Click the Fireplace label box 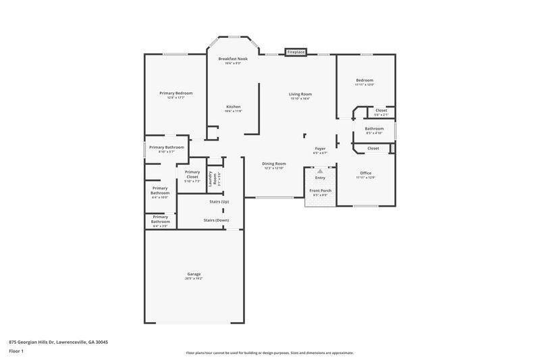295,52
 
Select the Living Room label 300,94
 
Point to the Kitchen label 233,107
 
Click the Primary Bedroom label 175,93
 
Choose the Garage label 194,274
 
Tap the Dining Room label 275,163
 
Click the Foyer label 320,149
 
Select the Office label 366,173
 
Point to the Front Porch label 320,191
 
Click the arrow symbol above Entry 320,172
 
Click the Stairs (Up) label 219,202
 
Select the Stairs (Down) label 217,220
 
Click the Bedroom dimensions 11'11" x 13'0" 364,84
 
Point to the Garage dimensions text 194,278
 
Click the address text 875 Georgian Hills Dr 58,342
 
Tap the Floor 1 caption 17,352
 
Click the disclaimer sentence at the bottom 270,353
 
